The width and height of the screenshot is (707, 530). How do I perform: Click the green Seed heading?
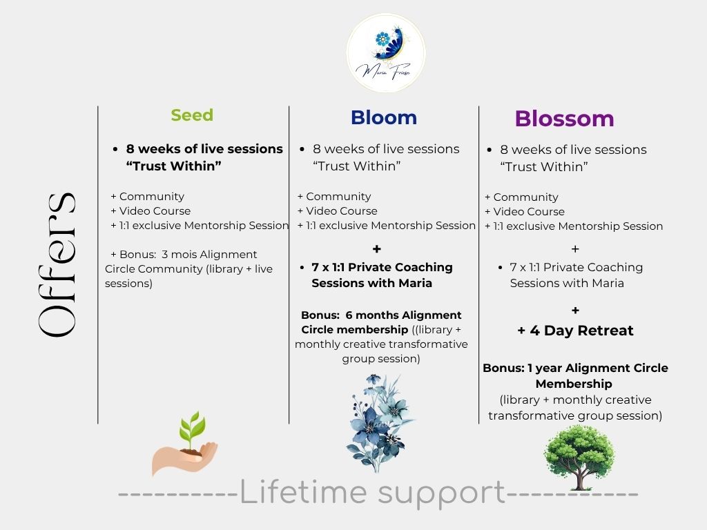[x=192, y=115]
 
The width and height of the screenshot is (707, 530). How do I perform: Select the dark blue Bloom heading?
[x=383, y=118]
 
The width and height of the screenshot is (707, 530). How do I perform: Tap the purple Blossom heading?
[x=564, y=119]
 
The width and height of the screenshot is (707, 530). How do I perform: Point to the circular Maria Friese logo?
[x=385, y=53]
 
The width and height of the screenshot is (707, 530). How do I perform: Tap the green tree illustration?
[x=579, y=456]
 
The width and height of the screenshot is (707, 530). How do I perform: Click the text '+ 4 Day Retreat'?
[x=575, y=331]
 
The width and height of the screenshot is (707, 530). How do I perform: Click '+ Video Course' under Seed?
[x=151, y=211]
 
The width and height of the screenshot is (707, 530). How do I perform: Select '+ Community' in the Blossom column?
[x=521, y=197]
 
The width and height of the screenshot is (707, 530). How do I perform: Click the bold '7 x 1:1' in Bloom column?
[x=338, y=267]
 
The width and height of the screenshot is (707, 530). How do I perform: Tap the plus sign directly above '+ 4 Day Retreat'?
[x=575, y=311]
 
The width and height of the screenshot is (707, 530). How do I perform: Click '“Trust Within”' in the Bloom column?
[x=356, y=166]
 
